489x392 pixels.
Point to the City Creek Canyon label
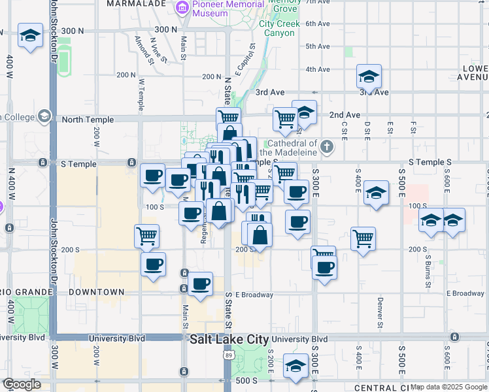pos(279,28)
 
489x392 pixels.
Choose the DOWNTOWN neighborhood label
pos(96,291)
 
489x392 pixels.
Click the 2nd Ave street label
pos(345,115)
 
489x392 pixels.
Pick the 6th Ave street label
pos(317,24)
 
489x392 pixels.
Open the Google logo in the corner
pos(22,384)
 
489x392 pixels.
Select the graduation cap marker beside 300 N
pos(30,36)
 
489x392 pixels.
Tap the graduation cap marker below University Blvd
pos(296,366)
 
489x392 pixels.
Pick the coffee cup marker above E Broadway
pos(200,285)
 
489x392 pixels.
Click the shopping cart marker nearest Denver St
pos(363,238)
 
